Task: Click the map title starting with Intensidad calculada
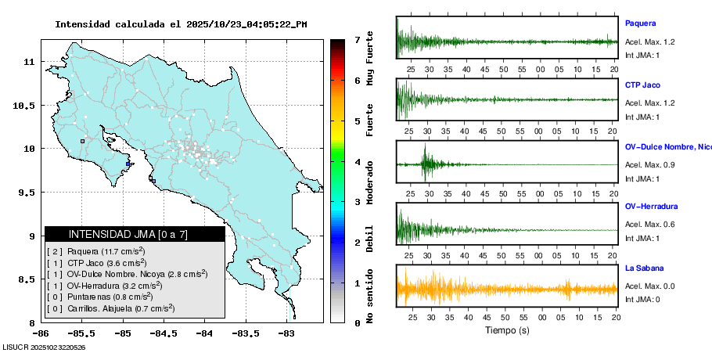click(181, 24)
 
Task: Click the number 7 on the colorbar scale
click(357, 39)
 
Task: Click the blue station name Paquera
click(640, 23)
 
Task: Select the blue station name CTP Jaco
click(644, 84)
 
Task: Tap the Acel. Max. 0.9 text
click(649, 164)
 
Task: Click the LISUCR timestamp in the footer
click(44, 347)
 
